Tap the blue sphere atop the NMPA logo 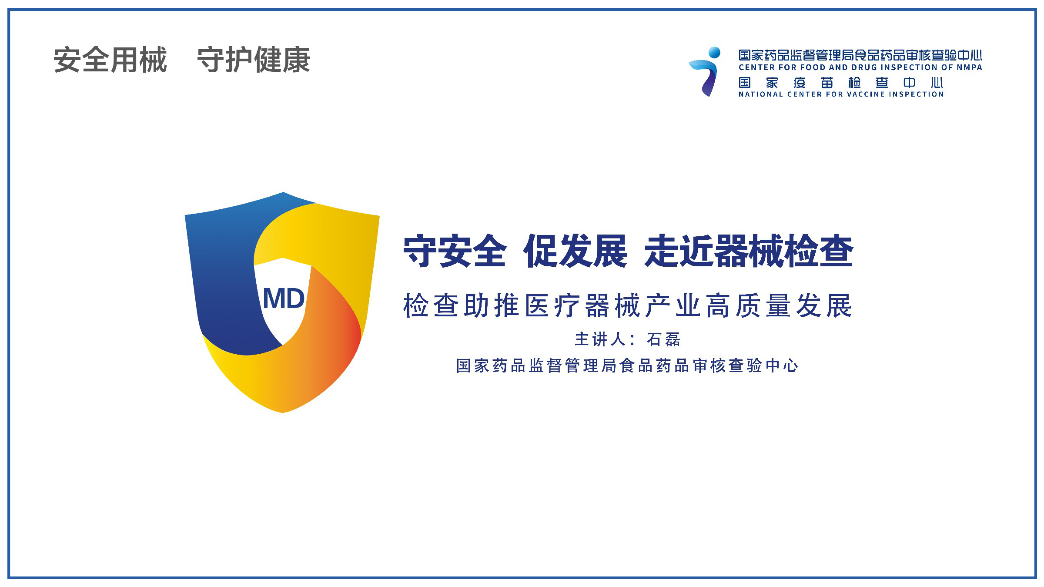tap(714, 53)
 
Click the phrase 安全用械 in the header tap(110, 60)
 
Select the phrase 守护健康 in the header tap(254, 60)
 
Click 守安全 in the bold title tap(455, 251)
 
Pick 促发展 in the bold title tap(576, 251)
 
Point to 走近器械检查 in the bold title tap(749, 251)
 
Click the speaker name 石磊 tap(663, 339)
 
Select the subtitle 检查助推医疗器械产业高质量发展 tap(628, 305)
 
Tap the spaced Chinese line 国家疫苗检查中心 tap(840, 83)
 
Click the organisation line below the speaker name tap(627, 366)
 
